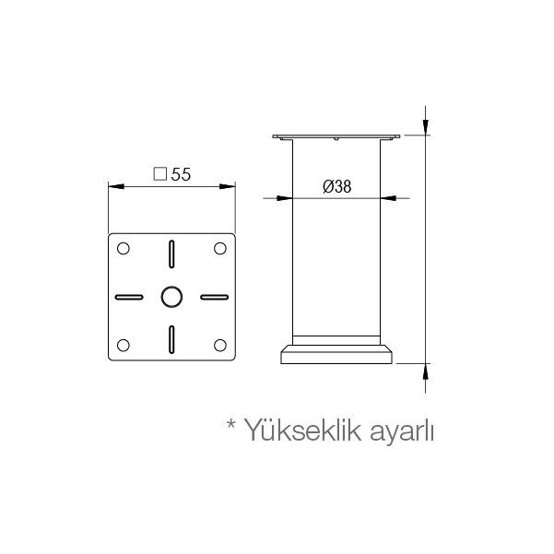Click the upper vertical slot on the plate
(171, 254)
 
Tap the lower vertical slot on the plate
(171, 339)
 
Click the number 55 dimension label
(181, 174)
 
